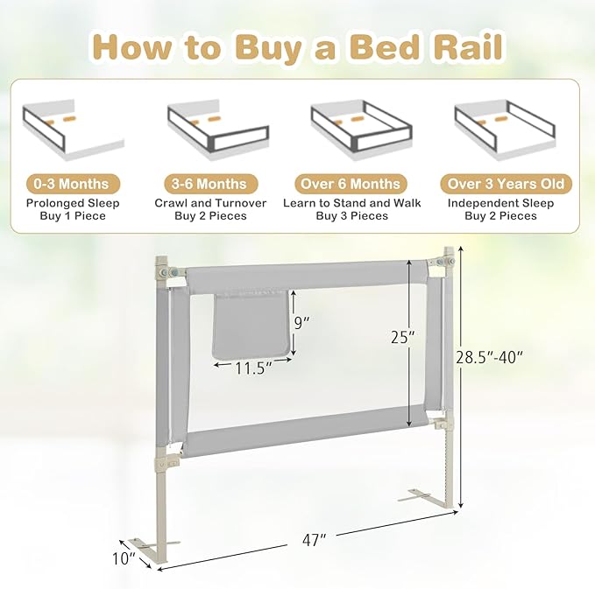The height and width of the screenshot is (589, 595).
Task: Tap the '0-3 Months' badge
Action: (72, 184)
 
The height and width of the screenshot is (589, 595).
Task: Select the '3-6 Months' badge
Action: (209, 184)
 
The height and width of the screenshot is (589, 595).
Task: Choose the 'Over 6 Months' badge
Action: (351, 184)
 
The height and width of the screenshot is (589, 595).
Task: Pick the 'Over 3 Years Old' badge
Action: (506, 184)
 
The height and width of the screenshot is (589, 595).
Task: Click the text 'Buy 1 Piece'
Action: (72, 216)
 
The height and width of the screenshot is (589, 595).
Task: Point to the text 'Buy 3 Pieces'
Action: (351, 216)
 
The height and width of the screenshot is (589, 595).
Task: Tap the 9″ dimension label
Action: (302, 322)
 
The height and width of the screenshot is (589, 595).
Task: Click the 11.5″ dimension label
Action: (251, 368)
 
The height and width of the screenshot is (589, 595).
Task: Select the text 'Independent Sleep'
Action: (501, 203)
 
